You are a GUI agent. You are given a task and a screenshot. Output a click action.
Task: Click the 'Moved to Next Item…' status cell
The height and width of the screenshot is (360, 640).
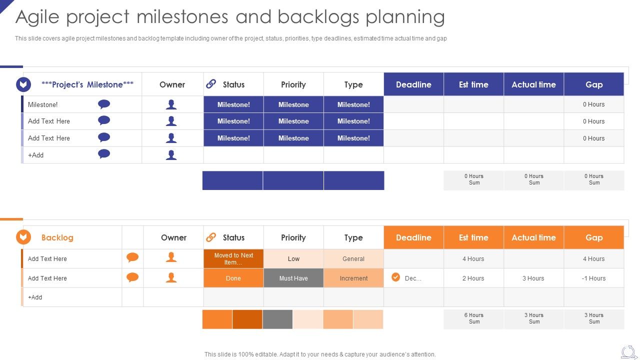(x=233, y=259)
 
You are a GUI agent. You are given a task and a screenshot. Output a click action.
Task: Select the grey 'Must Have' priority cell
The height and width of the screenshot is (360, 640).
(x=293, y=278)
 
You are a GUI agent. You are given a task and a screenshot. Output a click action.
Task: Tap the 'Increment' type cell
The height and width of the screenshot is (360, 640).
(x=353, y=278)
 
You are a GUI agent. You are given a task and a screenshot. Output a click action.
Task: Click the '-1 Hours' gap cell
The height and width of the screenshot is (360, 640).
(x=593, y=278)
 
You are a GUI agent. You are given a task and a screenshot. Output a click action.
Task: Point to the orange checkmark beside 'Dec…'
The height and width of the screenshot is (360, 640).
(x=395, y=277)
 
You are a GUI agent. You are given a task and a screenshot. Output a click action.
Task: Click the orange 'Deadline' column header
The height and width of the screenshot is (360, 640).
(x=413, y=237)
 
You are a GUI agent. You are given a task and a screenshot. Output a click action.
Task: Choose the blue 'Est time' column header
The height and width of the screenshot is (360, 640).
(x=473, y=84)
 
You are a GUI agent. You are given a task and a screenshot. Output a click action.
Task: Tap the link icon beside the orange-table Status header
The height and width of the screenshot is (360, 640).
(x=211, y=237)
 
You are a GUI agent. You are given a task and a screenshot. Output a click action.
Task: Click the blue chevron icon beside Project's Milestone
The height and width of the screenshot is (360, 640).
(x=23, y=84)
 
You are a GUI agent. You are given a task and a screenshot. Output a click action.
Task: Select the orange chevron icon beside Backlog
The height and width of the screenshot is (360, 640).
(x=23, y=237)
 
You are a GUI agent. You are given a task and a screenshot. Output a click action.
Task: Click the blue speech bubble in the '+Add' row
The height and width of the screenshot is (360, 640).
(x=104, y=154)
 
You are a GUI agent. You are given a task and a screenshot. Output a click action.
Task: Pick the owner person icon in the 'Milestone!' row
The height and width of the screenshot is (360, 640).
(x=171, y=104)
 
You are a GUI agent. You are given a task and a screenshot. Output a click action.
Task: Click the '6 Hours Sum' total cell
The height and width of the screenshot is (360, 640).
(x=474, y=318)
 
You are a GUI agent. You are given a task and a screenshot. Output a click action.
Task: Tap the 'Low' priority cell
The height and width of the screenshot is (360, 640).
(x=293, y=259)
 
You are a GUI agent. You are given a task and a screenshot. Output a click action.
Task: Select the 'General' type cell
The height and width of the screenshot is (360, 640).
(x=353, y=259)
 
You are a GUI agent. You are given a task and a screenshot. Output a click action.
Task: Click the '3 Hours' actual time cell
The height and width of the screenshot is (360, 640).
(x=533, y=278)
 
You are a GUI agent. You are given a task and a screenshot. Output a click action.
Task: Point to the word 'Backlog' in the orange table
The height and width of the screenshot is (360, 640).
(x=57, y=237)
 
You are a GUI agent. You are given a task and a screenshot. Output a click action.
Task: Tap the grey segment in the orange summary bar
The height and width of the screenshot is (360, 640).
(x=277, y=319)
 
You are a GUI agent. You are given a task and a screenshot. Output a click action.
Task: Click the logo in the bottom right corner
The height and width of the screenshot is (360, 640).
(x=628, y=352)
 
